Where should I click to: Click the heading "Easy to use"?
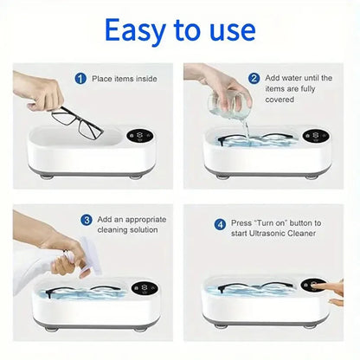click(179, 32)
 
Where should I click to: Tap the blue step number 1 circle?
click(80, 79)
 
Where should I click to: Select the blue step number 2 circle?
click(254, 78)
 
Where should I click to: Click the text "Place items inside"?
click(126, 79)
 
